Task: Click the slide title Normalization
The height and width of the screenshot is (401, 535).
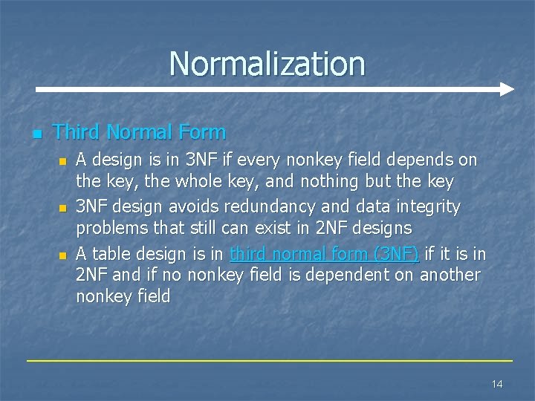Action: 267,64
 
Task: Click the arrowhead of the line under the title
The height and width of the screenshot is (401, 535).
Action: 507,89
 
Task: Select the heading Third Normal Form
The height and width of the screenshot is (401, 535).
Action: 140,132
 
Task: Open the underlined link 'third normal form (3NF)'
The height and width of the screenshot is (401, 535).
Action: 325,254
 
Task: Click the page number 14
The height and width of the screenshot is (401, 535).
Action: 497,383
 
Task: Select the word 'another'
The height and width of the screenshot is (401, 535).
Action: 450,275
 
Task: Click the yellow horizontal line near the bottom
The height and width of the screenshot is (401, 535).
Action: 269,361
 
